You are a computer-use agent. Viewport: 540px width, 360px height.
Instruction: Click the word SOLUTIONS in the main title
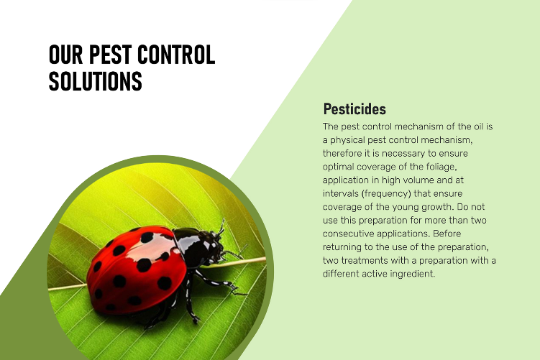pyautogui.click(x=96, y=81)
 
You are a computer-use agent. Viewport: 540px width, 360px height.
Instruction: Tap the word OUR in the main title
pyautogui.click(x=65, y=55)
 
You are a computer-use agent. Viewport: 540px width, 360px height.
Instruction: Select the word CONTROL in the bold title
pyautogui.click(x=176, y=55)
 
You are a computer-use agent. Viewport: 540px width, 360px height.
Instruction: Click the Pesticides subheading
pyautogui.click(x=354, y=109)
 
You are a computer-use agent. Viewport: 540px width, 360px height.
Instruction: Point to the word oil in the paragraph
pyautogui.click(x=479, y=126)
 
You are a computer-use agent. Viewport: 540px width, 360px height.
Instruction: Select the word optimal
pyautogui.click(x=338, y=167)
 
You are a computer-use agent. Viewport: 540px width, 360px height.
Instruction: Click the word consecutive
pyautogui.click(x=348, y=234)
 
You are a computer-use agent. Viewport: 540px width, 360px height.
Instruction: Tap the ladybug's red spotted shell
pyautogui.click(x=137, y=269)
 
